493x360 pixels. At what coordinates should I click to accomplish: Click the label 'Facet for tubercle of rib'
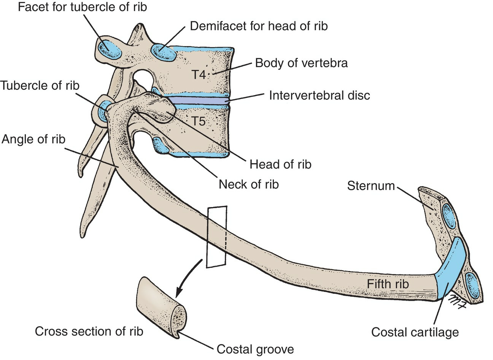point(82,7)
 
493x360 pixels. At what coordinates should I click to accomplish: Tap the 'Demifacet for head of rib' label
point(259,26)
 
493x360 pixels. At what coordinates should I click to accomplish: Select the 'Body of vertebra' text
point(301,63)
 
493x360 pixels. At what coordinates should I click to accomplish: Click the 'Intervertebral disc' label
point(319,95)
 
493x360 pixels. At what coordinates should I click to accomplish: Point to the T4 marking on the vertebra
point(198,74)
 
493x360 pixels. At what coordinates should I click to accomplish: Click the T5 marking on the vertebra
point(198,121)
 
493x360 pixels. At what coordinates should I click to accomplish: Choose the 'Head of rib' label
point(280,164)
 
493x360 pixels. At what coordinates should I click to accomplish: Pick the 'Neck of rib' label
point(249,184)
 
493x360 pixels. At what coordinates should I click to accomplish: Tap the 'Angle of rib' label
point(33,139)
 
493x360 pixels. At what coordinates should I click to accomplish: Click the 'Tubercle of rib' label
point(40,85)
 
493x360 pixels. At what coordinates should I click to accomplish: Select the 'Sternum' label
point(371,186)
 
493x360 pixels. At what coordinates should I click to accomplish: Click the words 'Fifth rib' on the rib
point(388,284)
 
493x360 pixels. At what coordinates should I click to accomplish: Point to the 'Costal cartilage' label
point(415,332)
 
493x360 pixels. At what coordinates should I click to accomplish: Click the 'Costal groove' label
point(255,349)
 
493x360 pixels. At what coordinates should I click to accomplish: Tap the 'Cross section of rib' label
point(89,331)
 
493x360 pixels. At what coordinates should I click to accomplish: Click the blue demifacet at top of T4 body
point(164,52)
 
